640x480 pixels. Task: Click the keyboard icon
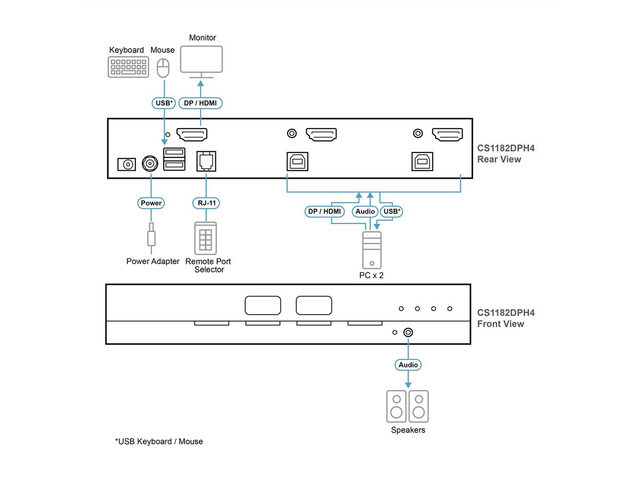[x=128, y=67]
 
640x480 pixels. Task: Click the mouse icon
[x=163, y=68]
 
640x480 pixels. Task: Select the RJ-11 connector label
[x=206, y=203]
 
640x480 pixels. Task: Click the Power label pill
[x=151, y=203]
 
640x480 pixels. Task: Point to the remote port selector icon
[x=206, y=237]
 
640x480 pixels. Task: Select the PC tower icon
[x=372, y=250]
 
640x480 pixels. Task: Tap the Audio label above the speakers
[x=408, y=365]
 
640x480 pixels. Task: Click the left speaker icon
[x=396, y=406]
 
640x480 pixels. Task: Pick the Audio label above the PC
[x=365, y=212]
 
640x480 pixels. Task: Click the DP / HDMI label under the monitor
[x=201, y=103]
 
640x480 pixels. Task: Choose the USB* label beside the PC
[x=391, y=212]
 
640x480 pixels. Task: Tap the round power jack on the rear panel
[x=150, y=164]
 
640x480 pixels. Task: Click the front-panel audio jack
[x=408, y=332]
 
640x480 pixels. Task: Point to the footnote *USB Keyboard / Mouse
[x=159, y=442]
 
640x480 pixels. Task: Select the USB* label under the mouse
[x=163, y=103]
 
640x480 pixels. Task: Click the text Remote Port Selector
[x=208, y=266]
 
